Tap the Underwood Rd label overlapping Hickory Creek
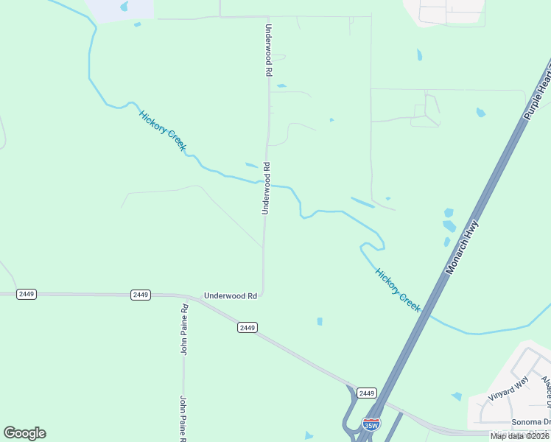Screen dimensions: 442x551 pyautogui.click(x=267, y=189)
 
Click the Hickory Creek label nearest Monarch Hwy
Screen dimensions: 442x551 pyautogui.click(x=398, y=290)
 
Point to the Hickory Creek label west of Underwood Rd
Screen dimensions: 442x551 pyautogui.click(x=163, y=130)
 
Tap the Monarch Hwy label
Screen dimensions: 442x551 pyautogui.click(x=461, y=248)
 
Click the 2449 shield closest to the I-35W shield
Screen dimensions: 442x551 pyautogui.click(x=366, y=393)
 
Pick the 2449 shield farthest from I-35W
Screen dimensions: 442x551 pyautogui.click(x=27, y=294)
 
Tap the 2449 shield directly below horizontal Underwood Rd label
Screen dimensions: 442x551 pyautogui.click(x=248, y=327)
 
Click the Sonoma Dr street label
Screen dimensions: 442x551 pyautogui.click(x=530, y=422)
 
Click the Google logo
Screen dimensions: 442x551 pyautogui.click(x=24, y=433)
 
